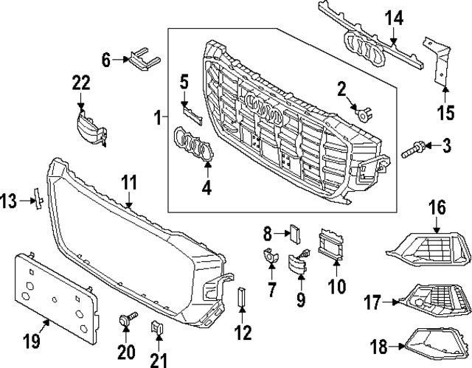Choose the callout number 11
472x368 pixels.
pyautogui.click(x=129, y=181)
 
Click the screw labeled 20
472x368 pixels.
pyautogui.click(x=126, y=321)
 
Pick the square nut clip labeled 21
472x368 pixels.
pyautogui.click(x=157, y=327)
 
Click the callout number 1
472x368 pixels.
pyautogui.click(x=156, y=117)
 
